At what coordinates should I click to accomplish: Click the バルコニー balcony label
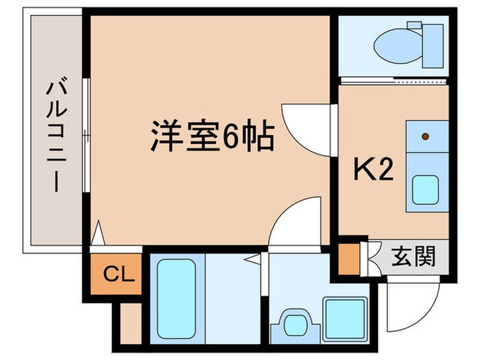(56, 136)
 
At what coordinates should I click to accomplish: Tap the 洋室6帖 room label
(213, 137)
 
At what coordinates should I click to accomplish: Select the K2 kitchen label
(373, 169)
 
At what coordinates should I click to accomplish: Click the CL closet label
(115, 275)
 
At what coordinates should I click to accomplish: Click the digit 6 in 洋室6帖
(229, 137)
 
